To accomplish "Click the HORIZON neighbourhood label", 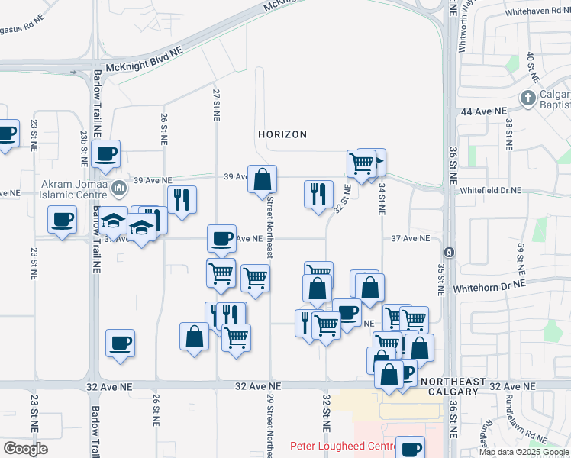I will point(282,134).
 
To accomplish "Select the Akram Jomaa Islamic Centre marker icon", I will point(118,188).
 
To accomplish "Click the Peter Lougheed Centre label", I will point(340,446).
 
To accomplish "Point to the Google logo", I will point(25,449).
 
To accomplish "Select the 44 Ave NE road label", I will point(483,111).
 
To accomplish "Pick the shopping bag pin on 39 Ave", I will point(262,179).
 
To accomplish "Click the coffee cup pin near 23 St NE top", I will point(6,134).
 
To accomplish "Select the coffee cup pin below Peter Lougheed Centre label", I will point(410,448).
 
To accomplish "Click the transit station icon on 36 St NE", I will point(450,252).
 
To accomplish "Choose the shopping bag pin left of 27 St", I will point(194,336).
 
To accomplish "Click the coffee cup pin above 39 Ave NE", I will point(106,154).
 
